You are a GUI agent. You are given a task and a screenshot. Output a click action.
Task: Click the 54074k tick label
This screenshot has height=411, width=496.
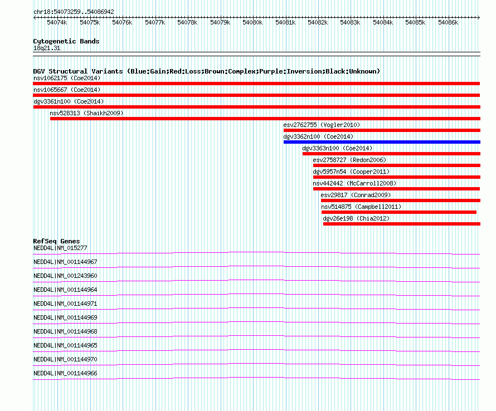coord(57,22)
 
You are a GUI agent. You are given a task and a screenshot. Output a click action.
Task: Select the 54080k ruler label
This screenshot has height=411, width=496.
coord(252,22)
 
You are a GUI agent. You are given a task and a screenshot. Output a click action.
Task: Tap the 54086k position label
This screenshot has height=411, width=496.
coord(448,22)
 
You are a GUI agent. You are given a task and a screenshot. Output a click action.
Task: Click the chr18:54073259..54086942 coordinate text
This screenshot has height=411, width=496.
coord(74,12)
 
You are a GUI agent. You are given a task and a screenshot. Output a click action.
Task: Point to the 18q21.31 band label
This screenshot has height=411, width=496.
coord(47,48)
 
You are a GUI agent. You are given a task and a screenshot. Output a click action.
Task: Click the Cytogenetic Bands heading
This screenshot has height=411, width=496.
coord(66,41)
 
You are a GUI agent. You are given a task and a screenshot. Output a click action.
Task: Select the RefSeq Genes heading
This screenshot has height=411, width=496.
coord(56,241)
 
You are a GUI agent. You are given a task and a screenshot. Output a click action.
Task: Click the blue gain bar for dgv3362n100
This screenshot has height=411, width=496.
coord(382,142)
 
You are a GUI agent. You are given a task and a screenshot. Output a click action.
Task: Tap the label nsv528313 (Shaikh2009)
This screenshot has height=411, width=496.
coord(86,113)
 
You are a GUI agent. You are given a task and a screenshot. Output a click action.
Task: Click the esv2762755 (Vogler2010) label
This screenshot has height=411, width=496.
coord(322,125)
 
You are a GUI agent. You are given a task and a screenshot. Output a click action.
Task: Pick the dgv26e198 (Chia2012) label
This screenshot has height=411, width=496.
coord(356,218)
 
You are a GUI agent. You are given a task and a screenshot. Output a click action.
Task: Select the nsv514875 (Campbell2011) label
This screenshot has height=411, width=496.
coord(361,207)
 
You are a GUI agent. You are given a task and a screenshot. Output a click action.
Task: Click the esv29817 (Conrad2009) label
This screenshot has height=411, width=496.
coord(356,195)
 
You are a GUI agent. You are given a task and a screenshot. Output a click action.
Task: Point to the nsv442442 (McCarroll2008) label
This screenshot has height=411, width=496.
coord(354,183)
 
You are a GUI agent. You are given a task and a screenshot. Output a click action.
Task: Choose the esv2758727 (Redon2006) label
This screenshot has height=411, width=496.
coord(349,160)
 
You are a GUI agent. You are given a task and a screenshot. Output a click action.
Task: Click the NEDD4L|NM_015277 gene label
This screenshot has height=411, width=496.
coord(60,248)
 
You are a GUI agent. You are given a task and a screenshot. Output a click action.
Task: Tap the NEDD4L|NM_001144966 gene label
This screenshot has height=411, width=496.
coord(65,373)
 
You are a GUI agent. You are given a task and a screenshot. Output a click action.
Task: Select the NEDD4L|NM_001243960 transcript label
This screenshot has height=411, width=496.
coord(65,276)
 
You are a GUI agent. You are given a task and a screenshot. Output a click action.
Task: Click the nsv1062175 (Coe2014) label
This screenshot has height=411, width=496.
coord(67,78)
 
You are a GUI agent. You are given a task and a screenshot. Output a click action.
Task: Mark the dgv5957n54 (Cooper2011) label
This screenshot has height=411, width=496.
coord(351,172)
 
